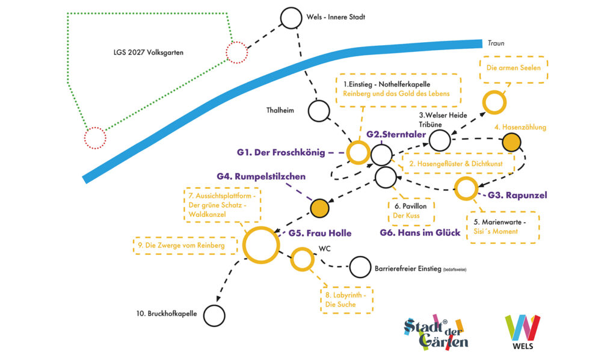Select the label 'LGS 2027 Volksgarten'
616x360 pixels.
tap(149, 52)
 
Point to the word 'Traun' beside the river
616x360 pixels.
tap(496, 43)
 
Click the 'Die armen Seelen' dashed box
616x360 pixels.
tap(514, 57)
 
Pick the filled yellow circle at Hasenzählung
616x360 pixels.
tap(511, 142)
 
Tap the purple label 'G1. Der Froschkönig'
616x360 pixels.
tap(281, 152)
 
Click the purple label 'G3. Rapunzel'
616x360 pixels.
tap(517, 195)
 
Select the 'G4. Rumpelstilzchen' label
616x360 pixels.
tap(261, 176)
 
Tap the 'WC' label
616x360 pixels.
tap(324, 249)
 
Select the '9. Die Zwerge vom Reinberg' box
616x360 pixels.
tap(185, 237)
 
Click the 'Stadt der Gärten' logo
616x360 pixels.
tap(436, 332)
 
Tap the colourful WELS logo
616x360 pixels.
tap(523, 332)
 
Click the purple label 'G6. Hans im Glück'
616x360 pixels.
tap(420, 232)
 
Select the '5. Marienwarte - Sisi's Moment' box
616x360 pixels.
tap(502, 213)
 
